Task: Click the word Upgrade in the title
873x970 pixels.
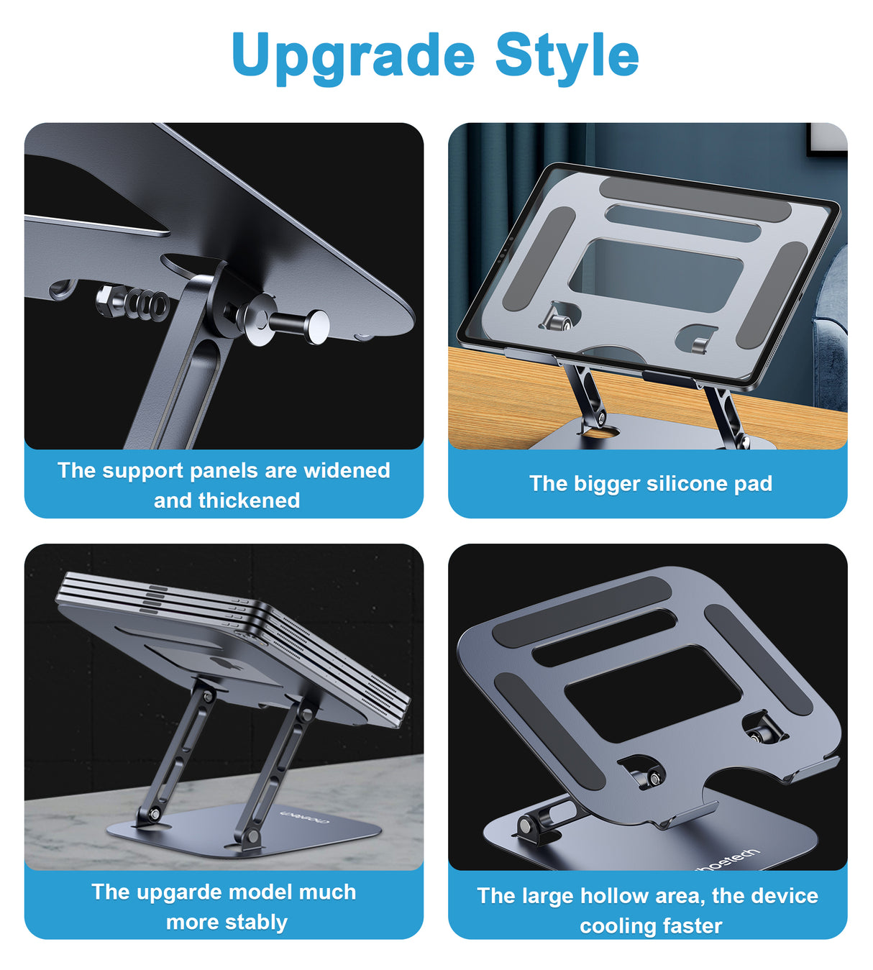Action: (x=352, y=56)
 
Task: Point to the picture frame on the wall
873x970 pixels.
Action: (x=827, y=138)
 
